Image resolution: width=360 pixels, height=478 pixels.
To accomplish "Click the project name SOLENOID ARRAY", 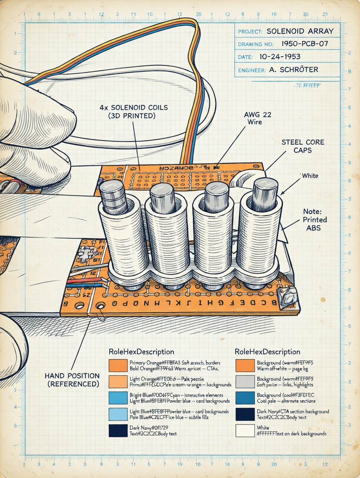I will click(300, 31).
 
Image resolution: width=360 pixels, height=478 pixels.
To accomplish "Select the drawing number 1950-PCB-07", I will click(305, 43).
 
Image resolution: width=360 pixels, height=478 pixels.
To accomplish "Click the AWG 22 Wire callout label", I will click(257, 118).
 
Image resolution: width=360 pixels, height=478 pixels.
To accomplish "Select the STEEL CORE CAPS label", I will click(303, 146).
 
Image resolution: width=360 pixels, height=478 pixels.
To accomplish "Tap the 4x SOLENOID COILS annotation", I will click(134, 111).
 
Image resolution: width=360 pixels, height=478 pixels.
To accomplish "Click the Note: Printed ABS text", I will click(315, 220).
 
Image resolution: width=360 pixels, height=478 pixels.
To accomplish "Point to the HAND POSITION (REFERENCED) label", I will click(72, 380).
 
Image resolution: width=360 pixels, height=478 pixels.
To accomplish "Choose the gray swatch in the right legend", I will click(245, 381).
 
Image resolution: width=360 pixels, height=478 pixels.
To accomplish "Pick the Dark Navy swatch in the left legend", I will click(118, 431).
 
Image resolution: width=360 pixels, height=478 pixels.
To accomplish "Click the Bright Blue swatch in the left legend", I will click(118, 398).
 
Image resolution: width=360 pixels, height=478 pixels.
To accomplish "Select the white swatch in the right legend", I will click(245, 431).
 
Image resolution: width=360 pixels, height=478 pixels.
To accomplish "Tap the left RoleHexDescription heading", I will click(141, 352).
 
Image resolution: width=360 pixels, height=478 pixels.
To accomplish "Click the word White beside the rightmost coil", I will click(310, 176).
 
